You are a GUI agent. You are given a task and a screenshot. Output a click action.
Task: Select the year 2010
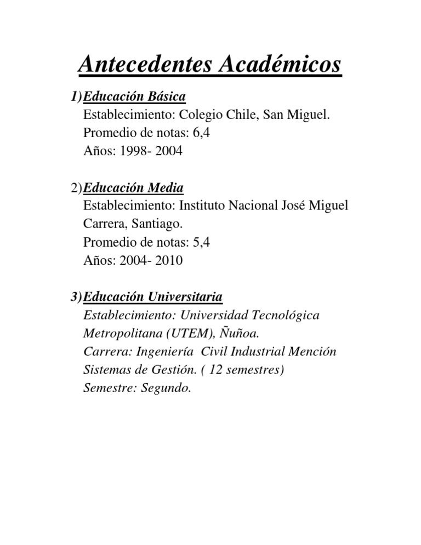click(x=169, y=261)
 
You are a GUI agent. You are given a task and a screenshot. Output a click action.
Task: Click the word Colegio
click(x=198, y=115)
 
